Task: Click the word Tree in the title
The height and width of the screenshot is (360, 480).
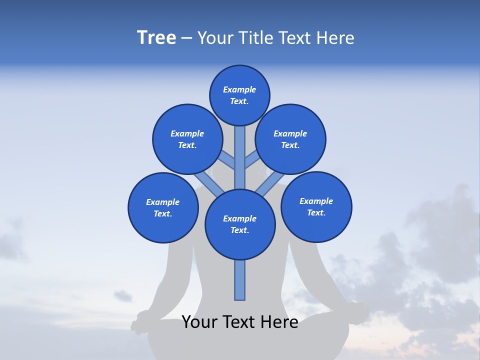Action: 156,38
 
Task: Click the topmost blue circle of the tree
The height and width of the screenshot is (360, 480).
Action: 239,95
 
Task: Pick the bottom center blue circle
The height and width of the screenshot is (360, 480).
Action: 240,224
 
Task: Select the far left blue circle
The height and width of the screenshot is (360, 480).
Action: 163,208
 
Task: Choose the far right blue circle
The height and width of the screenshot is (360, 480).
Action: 316,207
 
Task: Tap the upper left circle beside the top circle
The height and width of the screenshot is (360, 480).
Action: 187,139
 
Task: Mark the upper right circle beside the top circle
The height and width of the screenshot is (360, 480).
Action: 290,139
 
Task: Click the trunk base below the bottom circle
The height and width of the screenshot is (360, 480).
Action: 240,280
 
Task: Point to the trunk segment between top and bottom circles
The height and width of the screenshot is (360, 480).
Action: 240,157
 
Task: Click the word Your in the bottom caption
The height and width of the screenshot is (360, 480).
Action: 198,322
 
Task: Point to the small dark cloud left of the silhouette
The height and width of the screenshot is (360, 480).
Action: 122,296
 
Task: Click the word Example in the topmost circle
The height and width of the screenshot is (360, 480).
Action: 239,90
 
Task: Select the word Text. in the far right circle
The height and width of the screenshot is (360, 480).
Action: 316,212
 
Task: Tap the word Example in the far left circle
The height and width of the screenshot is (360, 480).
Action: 163,202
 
